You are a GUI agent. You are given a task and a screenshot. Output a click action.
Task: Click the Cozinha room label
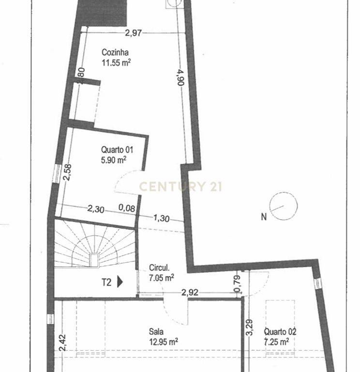pyautogui.click(x=115, y=52)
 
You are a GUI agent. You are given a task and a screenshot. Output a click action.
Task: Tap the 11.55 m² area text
pyautogui.click(x=116, y=62)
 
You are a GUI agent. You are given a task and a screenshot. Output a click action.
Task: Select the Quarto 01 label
pyautogui.click(x=117, y=150)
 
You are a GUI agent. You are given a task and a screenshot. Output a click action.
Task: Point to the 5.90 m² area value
pyautogui.click(x=114, y=160)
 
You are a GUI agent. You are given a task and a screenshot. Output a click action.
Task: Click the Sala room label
pyautogui.click(x=156, y=331)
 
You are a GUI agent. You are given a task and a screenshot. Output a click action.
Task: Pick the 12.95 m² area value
pyautogui.click(x=164, y=341)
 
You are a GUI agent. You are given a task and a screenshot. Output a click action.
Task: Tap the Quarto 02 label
pyautogui.click(x=280, y=331)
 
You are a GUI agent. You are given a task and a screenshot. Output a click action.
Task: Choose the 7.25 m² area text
pyautogui.click(x=276, y=342)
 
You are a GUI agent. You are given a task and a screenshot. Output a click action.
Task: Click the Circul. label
pyautogui.click(x=159, y=268)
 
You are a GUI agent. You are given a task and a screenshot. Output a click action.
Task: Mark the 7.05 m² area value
pyautogui.click(x=162, y=278)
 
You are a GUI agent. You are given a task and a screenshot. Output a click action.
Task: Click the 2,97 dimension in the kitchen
pyautogui.click(x=134, y=33)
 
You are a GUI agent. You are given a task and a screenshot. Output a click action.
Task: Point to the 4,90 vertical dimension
pyautogui.click(x=181, y=77)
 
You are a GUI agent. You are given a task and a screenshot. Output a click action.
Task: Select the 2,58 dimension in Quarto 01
pyautogui.click(x=68, y=172)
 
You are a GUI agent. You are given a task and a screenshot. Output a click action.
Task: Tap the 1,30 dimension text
pyautogui.click(x=162, y=218)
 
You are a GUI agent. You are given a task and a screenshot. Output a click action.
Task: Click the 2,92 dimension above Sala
pyautogui.click(x=190, y=292)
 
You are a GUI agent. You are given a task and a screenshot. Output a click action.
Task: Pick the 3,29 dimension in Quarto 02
pyautogui.click(x=250, y=327)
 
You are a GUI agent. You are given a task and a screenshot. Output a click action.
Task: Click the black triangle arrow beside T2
pyautogui.click(x=120, y=282)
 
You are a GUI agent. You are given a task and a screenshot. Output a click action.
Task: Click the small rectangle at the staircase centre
pyautogui.click(x=94, y=260)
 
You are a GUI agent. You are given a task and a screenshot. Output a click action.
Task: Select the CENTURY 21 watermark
pyautogui.click(x=180, y=186)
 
